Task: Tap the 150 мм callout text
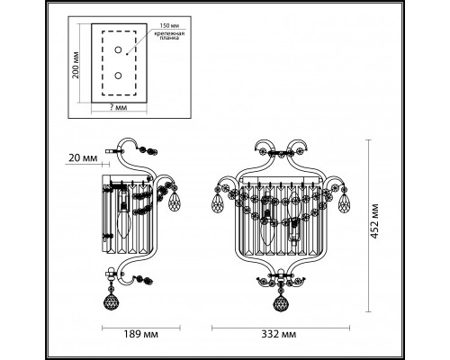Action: point(154,26)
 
